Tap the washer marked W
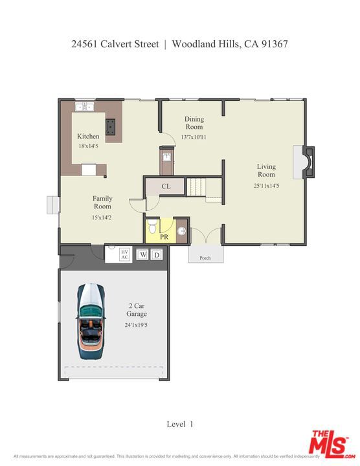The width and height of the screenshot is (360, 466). click(x=142, y=255)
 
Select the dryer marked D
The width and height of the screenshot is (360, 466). click(x=157, y=255)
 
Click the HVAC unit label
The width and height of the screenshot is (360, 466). click(x=125, y=254)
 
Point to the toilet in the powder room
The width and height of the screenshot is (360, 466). click(x=152, y=227)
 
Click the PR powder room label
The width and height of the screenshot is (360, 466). click(x=164, y=238)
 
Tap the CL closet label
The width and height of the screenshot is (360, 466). click(x=166, y=186)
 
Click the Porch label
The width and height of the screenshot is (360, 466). click(x=205, y=258)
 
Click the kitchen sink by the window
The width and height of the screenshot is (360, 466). click(x=84, y=107)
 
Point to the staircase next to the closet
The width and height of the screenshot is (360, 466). click(x=205, y=186)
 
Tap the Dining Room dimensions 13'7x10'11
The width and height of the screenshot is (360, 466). click(x=194, y=137)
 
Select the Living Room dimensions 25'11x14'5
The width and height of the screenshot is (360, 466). click(x=265, y=186)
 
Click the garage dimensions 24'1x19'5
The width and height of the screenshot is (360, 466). click(x=136, y=326)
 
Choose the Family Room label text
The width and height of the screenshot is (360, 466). click(x=102, y=203)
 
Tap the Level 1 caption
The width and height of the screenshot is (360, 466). click(x=180, y=424)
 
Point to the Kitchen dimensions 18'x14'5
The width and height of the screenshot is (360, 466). click(x=88, y=147)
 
